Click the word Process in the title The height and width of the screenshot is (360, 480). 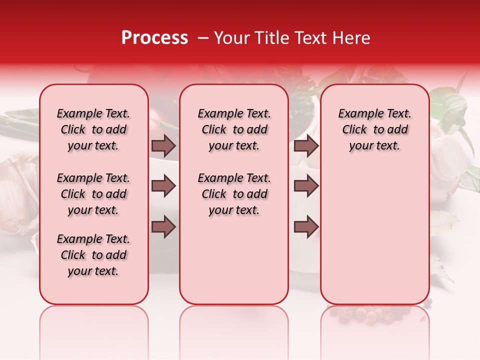(x=154, y=38)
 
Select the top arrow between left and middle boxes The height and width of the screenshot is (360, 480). (x=163, y=145)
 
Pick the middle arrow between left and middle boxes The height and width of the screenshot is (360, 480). (x=163, y=186)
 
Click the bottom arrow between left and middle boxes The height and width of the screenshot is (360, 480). (x=163, y=227)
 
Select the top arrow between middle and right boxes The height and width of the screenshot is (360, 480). (x=306, y=145)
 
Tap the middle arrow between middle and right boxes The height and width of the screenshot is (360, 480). (x=306, y=186)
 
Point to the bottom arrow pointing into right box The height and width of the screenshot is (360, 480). (x=306, y=227)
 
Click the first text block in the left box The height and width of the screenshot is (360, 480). (x=93, y=129)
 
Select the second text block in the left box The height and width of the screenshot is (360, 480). (x=93, y=194)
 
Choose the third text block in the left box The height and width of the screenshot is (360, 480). (x=93, y=255)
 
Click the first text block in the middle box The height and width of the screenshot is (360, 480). (x=234, y=129)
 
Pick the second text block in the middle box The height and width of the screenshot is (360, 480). (x=234, y=194)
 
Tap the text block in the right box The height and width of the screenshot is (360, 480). (x=374, y=129)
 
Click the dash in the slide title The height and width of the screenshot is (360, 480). (x=203, y=38)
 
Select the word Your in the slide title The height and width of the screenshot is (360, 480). (x=229, y=38)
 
